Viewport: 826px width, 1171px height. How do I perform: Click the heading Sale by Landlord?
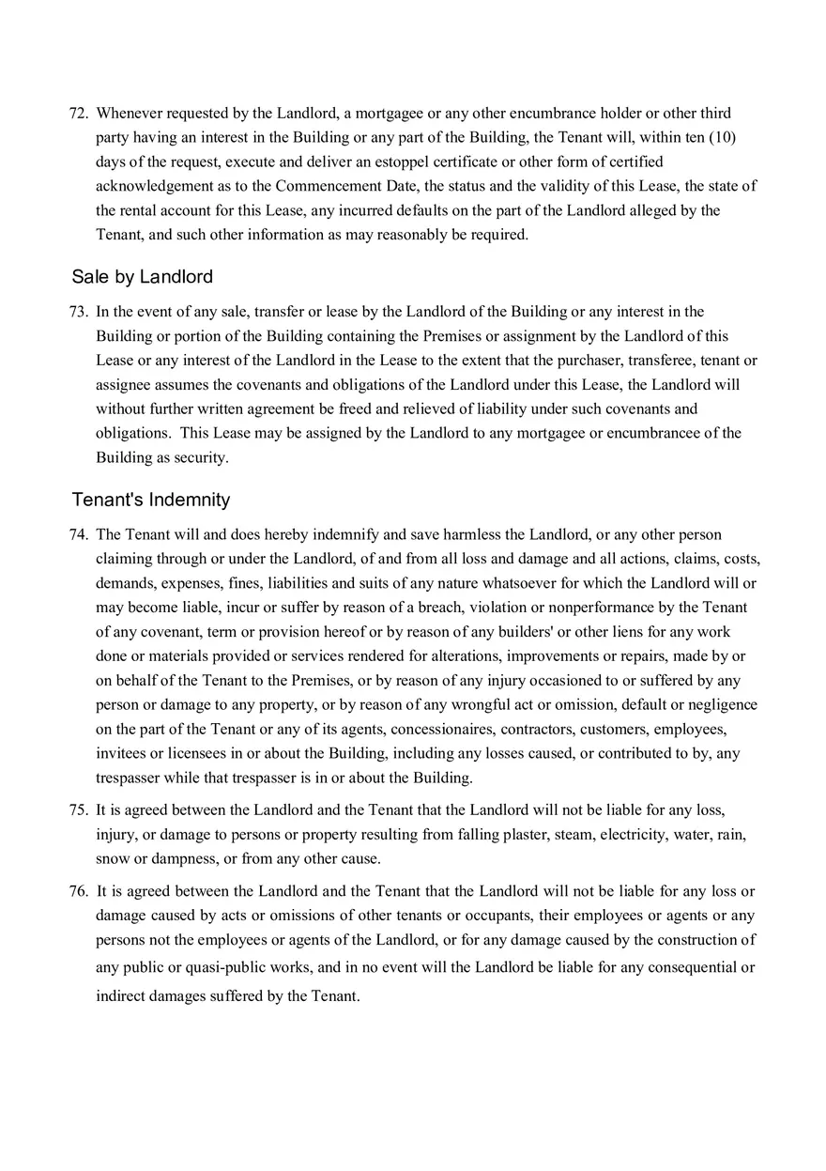click(142, 277)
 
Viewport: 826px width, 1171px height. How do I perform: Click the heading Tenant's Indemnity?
click(150, 500)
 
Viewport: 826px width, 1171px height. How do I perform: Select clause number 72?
click(78, 114)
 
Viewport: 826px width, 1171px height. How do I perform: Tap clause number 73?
click(78, 312)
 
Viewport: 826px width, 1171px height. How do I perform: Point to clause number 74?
click(78, 535)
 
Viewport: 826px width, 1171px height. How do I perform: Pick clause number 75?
click(78, 809)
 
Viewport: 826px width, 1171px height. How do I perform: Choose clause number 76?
click(78, 891)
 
